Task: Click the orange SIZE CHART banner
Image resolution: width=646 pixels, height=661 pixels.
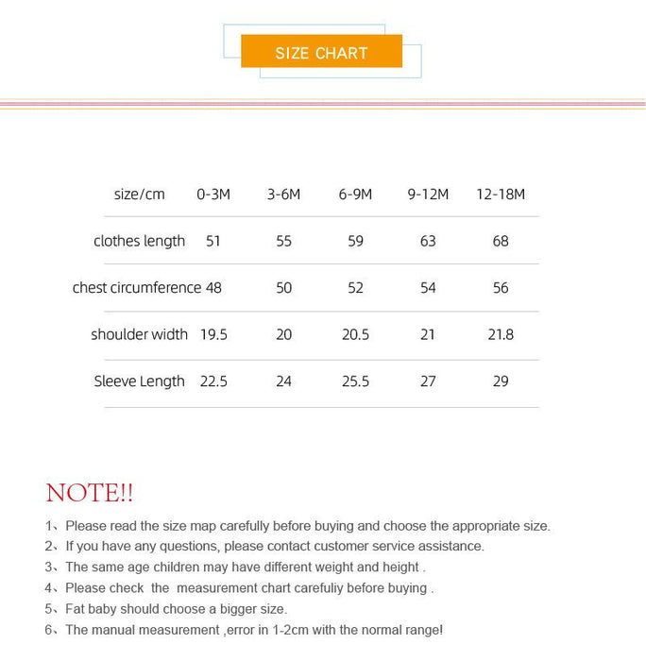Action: click(x=321, y=52)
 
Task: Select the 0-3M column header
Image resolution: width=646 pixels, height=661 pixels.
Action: click(x=213, y=195)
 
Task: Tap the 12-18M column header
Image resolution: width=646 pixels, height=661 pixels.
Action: click(x=501, y=195)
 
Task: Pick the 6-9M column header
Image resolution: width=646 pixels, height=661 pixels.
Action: click(x=355, y=195)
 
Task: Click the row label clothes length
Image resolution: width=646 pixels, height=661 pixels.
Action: click(x=139, y=241)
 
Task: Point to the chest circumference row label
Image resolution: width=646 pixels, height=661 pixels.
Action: click(x=136, y=287)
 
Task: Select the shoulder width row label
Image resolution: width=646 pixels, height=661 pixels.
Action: click(x=139, y=334)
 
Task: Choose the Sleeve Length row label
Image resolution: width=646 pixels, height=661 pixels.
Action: click(x=139, y=381)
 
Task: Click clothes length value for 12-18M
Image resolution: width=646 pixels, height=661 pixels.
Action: click(x=501, y=241)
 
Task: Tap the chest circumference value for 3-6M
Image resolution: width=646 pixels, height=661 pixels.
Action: click(x=284, y=287)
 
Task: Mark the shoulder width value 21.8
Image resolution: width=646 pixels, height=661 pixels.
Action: click(x=501, y=334)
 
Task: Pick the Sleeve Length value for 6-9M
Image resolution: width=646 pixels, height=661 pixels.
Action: click(x=355, y=381)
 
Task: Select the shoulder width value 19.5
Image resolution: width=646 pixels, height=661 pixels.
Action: click(x=213, y=334)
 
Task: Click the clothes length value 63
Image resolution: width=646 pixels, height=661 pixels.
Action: click(x=428, y=241)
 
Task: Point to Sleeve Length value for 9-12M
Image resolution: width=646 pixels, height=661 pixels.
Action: click(x=428, y=381)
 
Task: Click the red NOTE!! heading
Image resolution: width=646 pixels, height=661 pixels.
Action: click(x=90, y=493)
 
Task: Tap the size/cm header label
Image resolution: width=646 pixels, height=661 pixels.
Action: click(x=139, y=195)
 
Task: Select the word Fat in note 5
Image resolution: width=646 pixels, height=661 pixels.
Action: click(x=76, y=609)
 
